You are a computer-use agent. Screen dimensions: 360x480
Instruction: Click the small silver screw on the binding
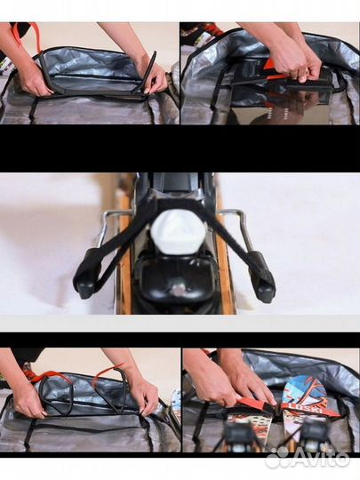click(x=179, y=289)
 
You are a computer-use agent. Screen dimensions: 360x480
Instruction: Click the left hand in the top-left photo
click(x=30, y=78)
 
